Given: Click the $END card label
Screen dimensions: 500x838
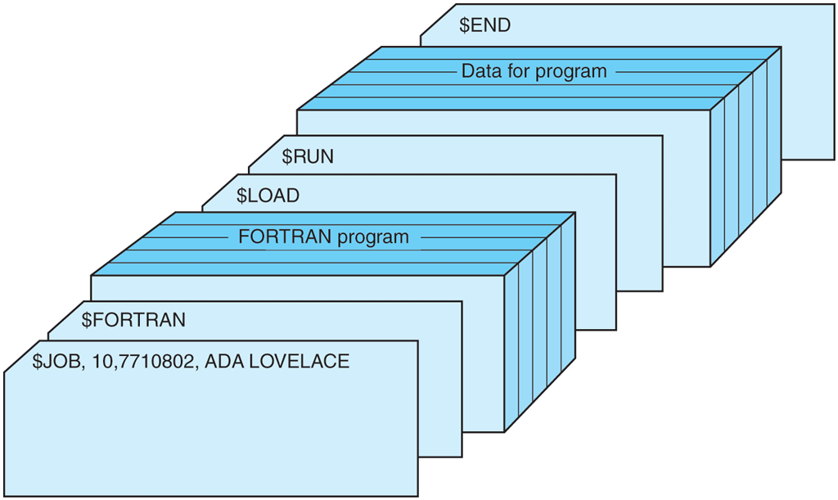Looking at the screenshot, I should [484, 25].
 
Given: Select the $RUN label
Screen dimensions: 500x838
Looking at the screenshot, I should [308, 155].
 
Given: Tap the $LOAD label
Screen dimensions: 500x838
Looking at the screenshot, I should [268, 196].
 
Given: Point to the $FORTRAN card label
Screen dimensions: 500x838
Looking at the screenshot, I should [133, 319].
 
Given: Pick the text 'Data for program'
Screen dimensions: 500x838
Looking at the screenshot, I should [534, 71].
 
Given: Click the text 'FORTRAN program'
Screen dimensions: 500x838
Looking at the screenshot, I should [323, 237].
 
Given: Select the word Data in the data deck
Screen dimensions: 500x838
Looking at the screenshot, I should [480, 71].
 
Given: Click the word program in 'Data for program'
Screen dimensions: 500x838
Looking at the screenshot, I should [571, 72].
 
